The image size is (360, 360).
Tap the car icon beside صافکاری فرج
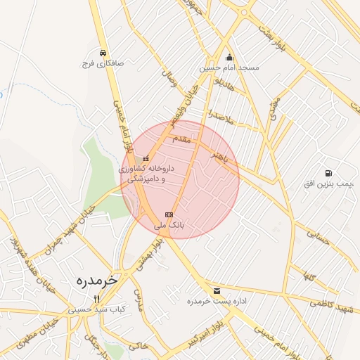(x=103, y=53)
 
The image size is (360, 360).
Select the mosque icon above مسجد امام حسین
(x=229, y=58)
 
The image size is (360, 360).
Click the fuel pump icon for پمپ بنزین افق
(x=328, y=174)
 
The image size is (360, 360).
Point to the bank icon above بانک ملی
(x=169, y=214)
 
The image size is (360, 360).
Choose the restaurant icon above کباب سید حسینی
(x=97, y=299)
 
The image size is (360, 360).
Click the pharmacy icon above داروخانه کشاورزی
(x=146, y=159)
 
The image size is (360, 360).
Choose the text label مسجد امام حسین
(x=229, y=68)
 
